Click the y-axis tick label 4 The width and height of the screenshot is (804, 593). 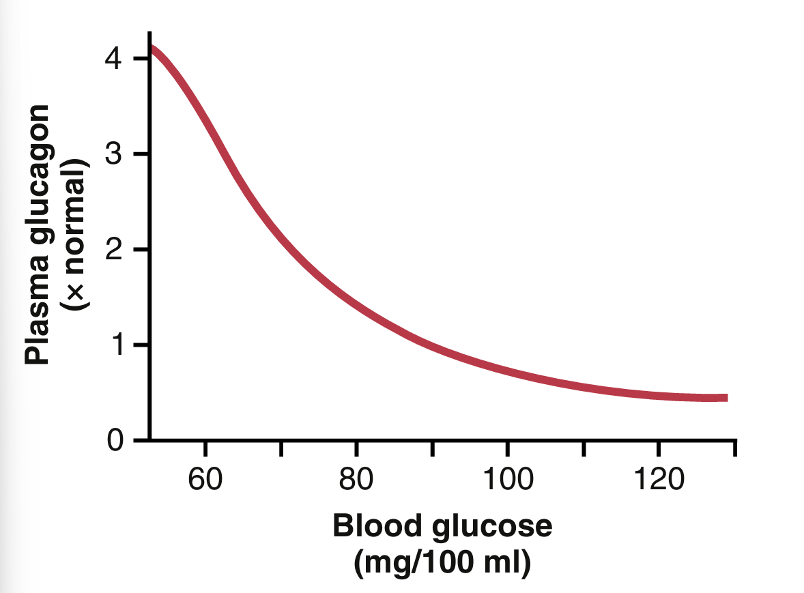coord(113,59)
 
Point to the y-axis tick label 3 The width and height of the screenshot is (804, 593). coord(113,154)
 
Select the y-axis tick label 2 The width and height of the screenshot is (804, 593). coord(113,250)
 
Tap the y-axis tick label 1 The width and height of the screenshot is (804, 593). coord(113,345)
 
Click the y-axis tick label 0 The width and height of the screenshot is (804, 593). coord(113,441)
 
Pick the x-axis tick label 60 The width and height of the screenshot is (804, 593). coord(205,479)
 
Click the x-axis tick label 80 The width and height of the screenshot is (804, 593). coord(356,479)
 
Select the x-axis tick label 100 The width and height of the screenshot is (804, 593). coord(506,479)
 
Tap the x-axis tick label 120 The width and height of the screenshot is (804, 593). coord(658,479)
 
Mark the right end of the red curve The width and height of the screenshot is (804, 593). coord(726,398)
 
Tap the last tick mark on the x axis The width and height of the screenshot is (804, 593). coord(734,448)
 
